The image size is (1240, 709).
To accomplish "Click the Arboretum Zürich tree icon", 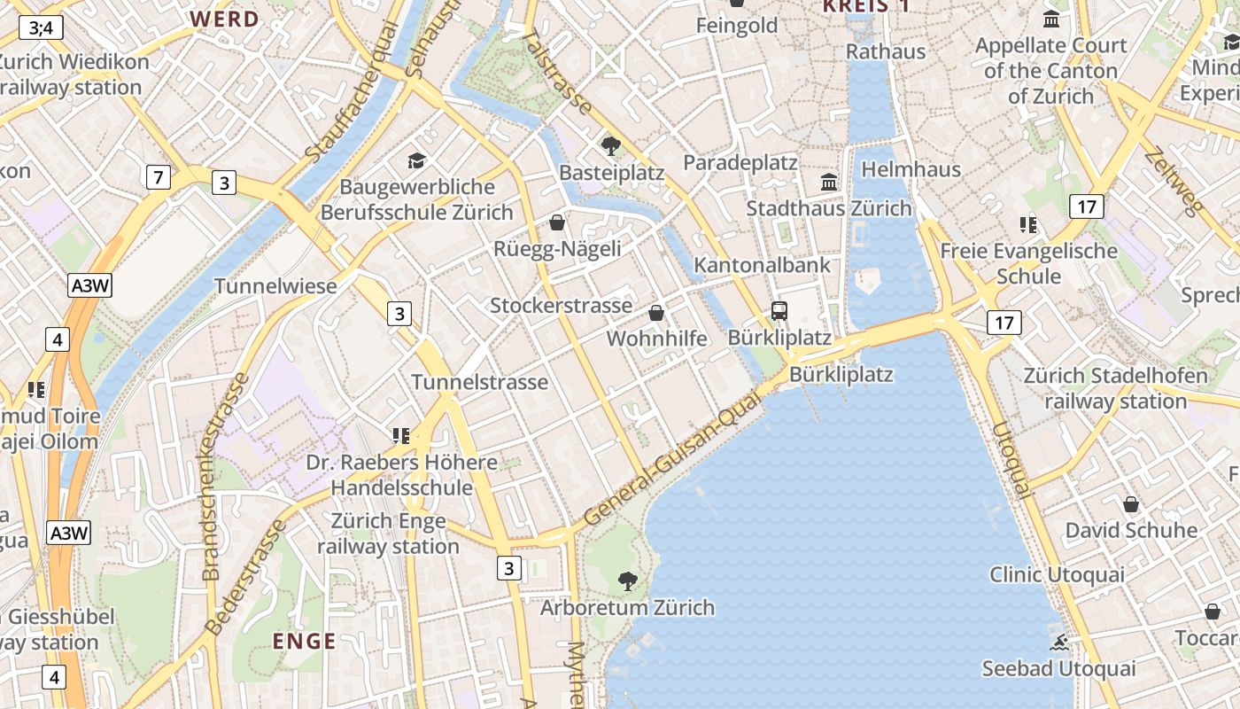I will click(x=628, y=581).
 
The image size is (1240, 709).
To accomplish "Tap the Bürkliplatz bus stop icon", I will click(x=779, y=310).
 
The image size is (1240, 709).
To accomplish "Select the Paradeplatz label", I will click(x=740, y=163).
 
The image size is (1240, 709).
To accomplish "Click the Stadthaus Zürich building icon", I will click(x=829, y=182).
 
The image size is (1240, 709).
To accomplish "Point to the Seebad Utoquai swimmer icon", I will click(x=1058, y=643).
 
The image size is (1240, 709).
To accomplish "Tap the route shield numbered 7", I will click(x=158, y=177).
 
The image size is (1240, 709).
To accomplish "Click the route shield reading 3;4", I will click(x=41, y=27).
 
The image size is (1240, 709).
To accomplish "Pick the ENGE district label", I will click(x=304, y=641).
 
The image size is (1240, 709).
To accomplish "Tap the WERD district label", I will click(x=225, y=19).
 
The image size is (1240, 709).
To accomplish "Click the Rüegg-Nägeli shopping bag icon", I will click(x=557, y=222).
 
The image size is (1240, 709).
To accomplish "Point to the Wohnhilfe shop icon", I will click(x=656, y=313).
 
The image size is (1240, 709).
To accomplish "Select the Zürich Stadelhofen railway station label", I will click(x=1115, y=388).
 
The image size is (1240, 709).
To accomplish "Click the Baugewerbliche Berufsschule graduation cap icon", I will click(x=416, y=160).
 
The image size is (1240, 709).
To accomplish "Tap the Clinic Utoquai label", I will click(x=1057, y=574).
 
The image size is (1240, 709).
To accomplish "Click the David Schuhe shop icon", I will click(x=1131, y=505).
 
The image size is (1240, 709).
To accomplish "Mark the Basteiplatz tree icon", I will click(x=610, y=145).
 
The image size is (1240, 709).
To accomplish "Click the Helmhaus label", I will click(x=911, y=168).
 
